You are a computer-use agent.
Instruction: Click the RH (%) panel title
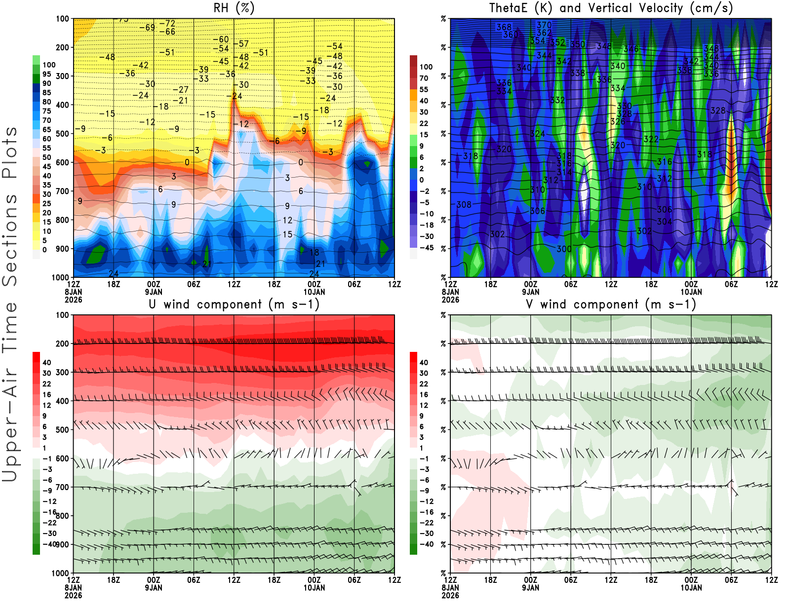pos(234,8)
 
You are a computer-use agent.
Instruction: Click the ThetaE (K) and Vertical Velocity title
pos(611,8)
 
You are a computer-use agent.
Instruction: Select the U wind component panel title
pos(234,305)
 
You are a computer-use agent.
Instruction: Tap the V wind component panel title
pos(611,305)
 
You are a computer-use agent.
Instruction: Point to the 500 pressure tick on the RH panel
pos(63,134)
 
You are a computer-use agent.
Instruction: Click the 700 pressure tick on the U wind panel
pos(63,487)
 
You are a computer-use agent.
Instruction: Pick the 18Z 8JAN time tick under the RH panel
pos(114,284)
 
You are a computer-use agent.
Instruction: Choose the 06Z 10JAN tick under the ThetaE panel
pos(731,284)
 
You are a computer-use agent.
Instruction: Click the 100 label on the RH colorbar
pos(49,65)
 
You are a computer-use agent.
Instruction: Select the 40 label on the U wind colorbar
pos(47,363)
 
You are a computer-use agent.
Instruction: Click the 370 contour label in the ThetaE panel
pos(544,25)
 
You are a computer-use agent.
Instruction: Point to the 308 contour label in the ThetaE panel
pos(464,204)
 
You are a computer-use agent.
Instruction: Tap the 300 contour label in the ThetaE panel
pos(564,249)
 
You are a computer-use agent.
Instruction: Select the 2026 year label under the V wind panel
pos(450,596)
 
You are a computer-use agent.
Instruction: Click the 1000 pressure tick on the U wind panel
pos(60,573)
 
